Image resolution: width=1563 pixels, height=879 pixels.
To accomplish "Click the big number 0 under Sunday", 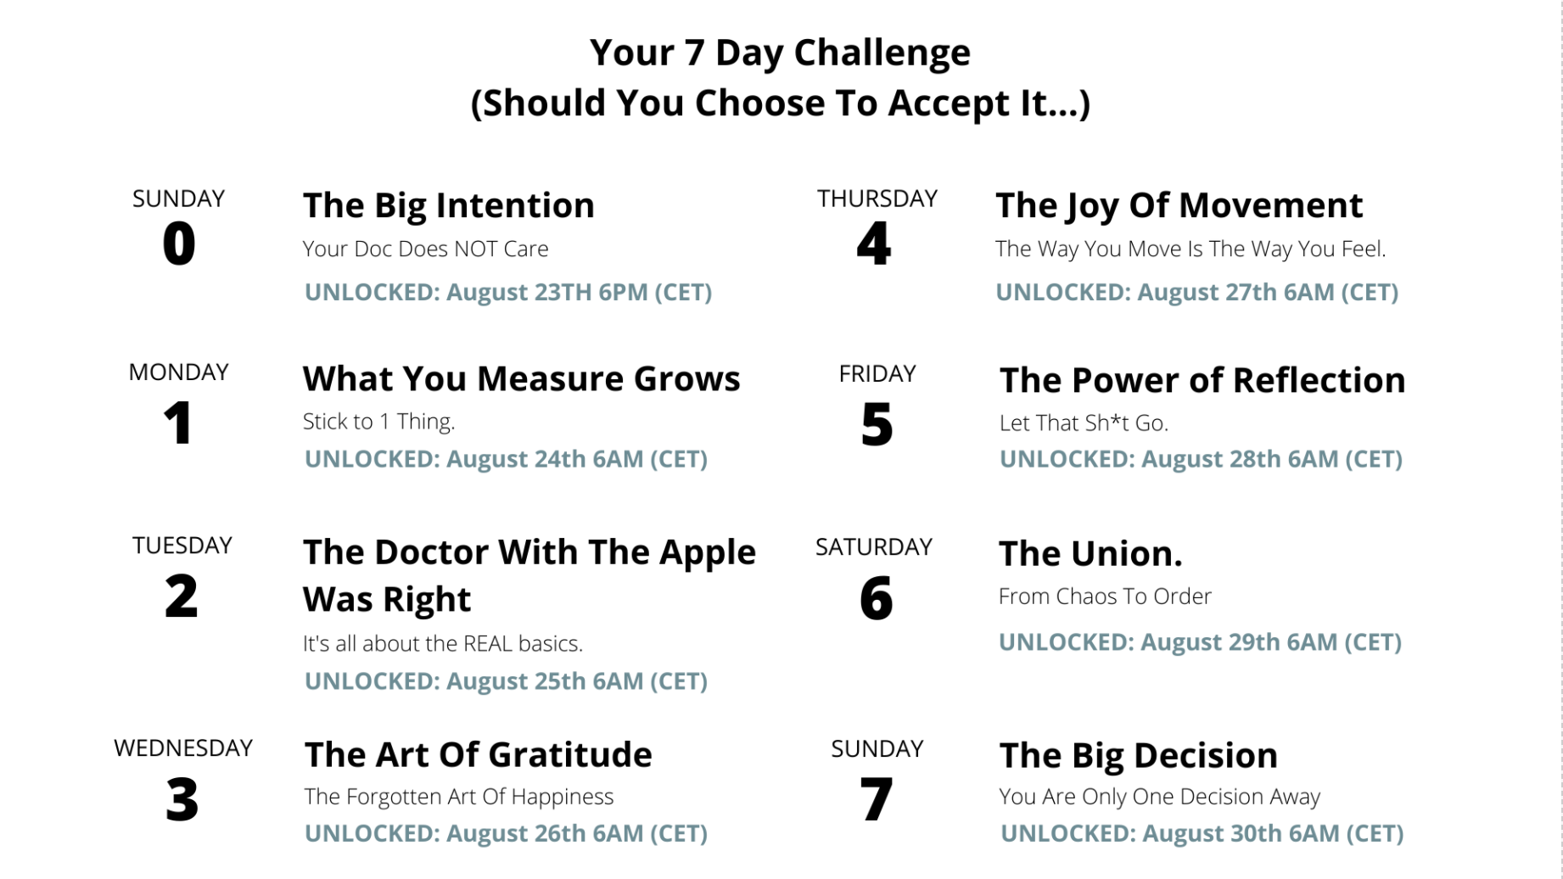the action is (x=179, y=244).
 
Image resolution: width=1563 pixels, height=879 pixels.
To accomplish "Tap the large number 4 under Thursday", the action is (x=874, y=244).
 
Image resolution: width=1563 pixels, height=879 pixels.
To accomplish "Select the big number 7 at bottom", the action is (x=877, y=799).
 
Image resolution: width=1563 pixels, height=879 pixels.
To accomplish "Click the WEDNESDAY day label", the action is (x=183, y=747).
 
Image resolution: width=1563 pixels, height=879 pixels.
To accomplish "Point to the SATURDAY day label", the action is (x=874, y=546).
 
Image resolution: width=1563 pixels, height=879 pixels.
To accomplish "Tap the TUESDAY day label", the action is (x=182, y=545).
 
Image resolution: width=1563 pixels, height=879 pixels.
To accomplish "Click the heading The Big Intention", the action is (x=449, y=206).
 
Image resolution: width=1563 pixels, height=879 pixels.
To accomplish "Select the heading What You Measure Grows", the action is (x=522, y=378).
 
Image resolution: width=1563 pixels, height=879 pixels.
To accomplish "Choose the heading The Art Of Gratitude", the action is (x=479, y=754).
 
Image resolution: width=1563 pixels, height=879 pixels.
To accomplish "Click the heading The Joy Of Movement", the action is (x=1179, y=206).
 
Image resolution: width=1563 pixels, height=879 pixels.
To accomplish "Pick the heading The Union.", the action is (x=1090, y=553).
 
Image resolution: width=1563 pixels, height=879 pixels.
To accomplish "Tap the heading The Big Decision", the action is (x=1139, y=756).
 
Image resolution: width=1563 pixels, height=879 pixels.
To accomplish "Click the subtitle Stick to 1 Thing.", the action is (x=379, y=422).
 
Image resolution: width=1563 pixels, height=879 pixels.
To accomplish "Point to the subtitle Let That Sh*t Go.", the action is (x=1084, y=423).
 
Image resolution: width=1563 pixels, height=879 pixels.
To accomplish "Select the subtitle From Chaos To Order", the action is (x=1105, y=596).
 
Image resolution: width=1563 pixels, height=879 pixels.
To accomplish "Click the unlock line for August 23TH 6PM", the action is (x=508, y=292).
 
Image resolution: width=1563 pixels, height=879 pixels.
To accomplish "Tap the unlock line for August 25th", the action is (x=506, y=681).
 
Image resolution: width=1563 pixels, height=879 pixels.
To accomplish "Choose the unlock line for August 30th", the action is (x=1202, y=833).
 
